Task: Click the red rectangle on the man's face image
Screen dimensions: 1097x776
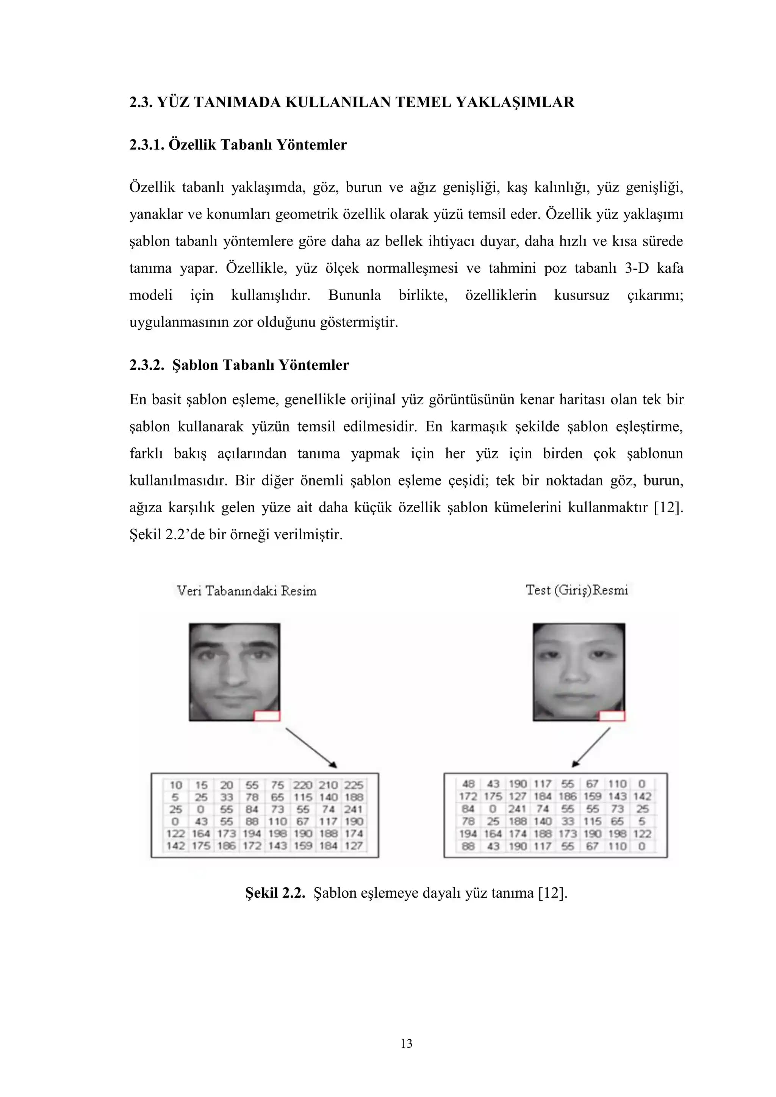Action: coord(267,716)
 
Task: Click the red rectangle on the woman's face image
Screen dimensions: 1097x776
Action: coord(612,716)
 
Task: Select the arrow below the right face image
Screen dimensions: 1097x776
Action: coord(591,747)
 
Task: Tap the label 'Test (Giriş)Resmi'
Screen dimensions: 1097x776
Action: coord(577,590)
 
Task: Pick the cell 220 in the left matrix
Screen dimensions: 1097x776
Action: coord(302,785)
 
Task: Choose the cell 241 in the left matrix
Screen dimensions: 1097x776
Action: coord(354,809)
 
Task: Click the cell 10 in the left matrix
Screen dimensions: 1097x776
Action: coord(176,785)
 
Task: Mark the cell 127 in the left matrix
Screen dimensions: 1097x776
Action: coord(354,846)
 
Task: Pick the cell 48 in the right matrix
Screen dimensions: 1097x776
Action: coord(468,784)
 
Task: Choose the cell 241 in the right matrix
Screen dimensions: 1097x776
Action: coord(518,809)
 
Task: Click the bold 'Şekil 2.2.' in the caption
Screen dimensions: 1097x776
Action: coord(275,893)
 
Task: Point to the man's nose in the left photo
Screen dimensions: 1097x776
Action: coord(234,676)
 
